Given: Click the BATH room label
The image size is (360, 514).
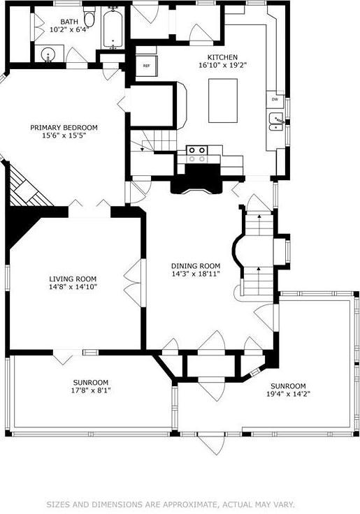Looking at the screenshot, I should coord(69,22).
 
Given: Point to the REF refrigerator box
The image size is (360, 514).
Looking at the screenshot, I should coord(147,66).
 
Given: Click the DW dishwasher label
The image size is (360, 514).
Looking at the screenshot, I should coord(275,100).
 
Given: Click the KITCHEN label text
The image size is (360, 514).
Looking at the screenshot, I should coord(222,57).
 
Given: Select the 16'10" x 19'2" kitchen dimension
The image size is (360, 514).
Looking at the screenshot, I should coord(222,65).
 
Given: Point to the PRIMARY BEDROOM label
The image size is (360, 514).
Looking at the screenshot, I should coord(64,127).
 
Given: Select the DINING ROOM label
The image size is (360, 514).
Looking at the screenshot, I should coord(196,266).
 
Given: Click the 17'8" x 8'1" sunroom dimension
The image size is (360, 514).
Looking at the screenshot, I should coord(91,390).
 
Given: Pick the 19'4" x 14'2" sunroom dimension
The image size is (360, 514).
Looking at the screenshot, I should coord(288,394).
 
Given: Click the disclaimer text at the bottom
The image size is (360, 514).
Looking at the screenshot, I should coord(171,504).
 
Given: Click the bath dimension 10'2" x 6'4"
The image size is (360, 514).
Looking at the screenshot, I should coord(69,30).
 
